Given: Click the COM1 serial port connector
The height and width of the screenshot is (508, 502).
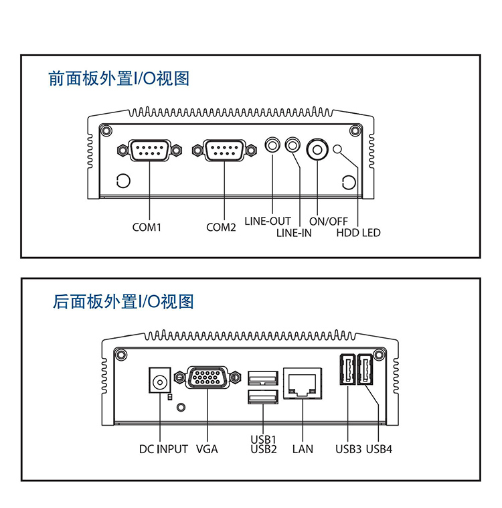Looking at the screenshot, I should tap(149, 151).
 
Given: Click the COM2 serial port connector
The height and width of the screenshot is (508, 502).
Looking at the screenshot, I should tap(223, 151).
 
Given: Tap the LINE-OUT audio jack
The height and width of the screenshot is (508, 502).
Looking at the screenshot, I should tap(272, 145).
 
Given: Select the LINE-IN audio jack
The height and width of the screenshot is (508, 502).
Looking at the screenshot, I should tap(293, 145).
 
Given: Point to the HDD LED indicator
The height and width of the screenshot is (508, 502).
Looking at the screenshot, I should tap(338, 149).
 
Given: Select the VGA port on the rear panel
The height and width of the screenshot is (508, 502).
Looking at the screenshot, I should tap(207, 378).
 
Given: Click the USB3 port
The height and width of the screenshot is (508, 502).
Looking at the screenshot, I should tap(347, 369).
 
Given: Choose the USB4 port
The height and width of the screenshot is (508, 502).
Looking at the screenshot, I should tap(366, 369).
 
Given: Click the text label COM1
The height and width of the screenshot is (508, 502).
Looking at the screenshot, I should tap(147, 228).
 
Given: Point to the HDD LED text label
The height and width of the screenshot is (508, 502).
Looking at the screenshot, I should tap(358, 233).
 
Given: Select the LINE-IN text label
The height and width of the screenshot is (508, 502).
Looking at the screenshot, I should tap(294, 233).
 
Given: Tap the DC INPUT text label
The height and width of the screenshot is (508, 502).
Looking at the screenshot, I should tap(163, 449).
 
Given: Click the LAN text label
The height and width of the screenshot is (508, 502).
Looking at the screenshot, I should tap(303, 449).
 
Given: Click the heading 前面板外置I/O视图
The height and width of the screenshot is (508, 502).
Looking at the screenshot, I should tap(119, 78).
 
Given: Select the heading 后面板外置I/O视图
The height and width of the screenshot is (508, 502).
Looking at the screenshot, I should tap(123, 302).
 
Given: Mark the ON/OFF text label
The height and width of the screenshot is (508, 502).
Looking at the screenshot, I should tap(328, 221).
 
